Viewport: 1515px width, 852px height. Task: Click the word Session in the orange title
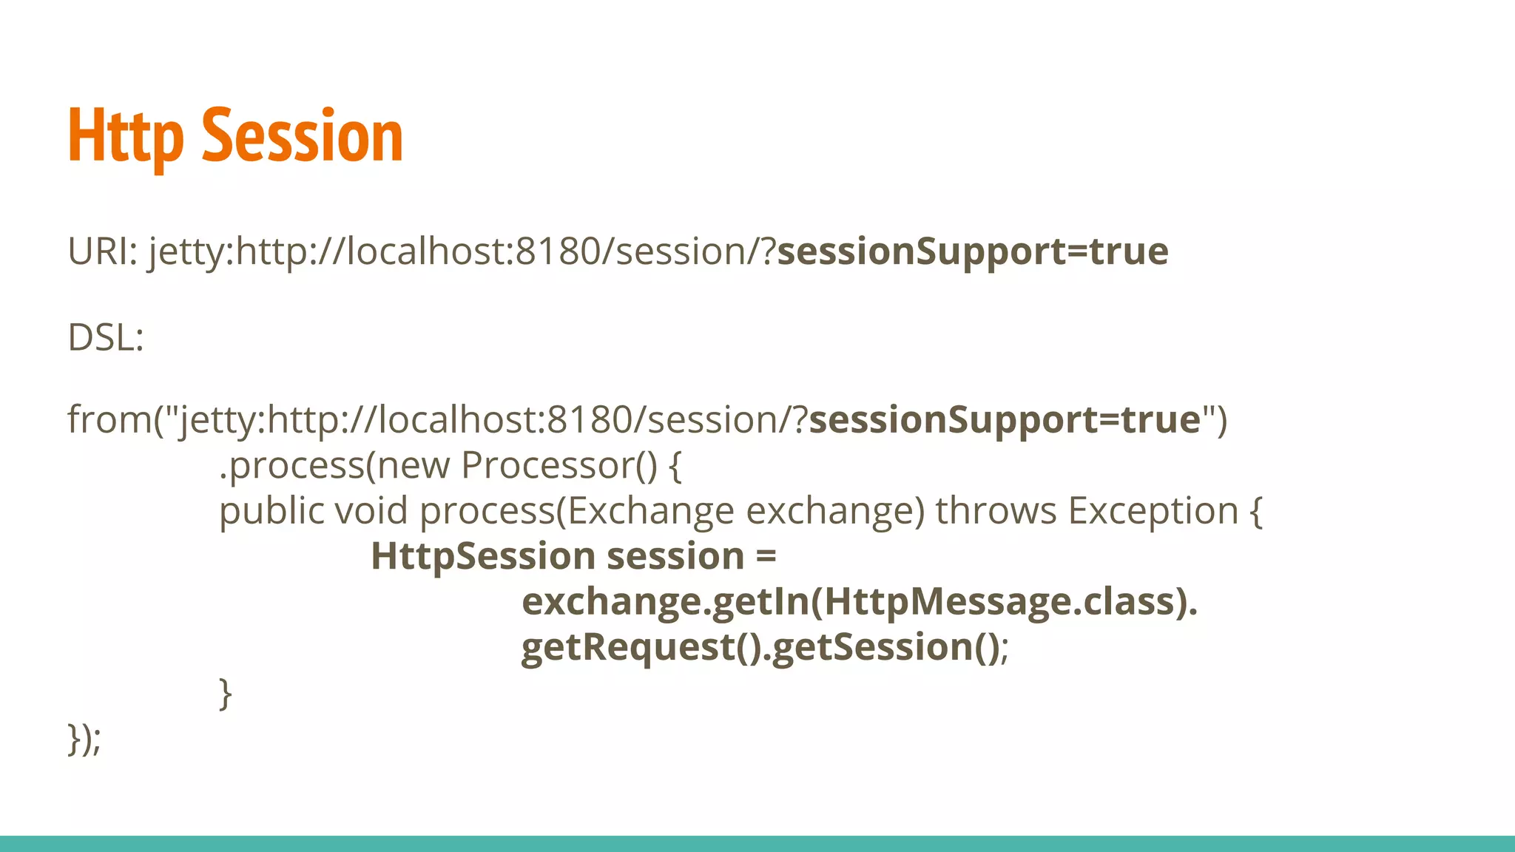point(302,137)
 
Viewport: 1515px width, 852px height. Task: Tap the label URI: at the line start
point(102,251)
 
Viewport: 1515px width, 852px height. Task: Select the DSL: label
point(105,338)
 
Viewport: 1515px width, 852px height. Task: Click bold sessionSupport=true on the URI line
point(972,251)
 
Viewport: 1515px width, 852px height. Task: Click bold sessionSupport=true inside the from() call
point(1004,420)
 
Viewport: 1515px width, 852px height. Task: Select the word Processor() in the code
point(559,466)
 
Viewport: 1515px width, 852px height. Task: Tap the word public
point(271,511)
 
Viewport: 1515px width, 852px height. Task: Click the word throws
point(996,511)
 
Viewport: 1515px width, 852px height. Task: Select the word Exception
point(1153,511)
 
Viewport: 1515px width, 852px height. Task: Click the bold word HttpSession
point(482,556)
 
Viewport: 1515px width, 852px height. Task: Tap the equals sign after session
point(766,556)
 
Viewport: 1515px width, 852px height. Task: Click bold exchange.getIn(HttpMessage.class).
point(859,601)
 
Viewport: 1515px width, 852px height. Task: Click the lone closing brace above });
point(226,693)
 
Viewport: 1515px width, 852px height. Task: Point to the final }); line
point(84,738)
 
